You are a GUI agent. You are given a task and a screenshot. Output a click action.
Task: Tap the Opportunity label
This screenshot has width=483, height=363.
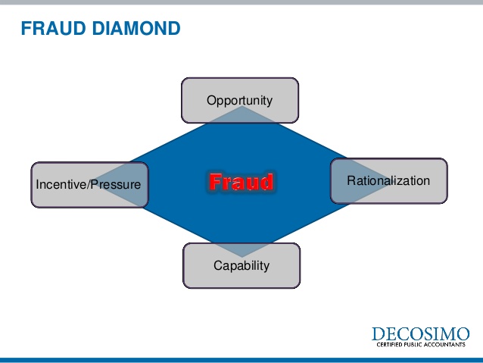pyautogui.click(x=239, y=100)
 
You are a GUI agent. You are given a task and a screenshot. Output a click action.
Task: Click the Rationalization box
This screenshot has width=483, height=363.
pyautogui.click(x=388, y=180)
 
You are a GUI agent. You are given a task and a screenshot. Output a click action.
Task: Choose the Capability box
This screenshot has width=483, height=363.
pyautogui.click(x=241, y=265)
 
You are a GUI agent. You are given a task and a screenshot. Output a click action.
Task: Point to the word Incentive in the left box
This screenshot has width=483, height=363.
pyautogui.click(x=61, y=184)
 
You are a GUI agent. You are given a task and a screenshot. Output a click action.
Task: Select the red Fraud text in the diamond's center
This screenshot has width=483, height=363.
pyautogui.click(x=241, y=182)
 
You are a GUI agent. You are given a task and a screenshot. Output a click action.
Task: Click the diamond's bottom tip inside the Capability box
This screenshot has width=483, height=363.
pyautogui.click(x=241, y=255)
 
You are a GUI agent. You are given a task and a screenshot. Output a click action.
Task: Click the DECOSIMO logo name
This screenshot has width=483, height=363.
pyautogui.click(x=420, y=334)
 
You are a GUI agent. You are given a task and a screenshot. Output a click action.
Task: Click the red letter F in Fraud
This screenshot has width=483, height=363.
pyautogui.click(x=215, y=182)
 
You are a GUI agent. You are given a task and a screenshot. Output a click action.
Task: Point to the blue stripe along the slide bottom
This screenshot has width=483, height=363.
pyautogui.click(x=241, y=359)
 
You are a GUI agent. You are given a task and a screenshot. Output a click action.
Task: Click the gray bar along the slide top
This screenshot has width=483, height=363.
pyautogui.click(x=241, y=3)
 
